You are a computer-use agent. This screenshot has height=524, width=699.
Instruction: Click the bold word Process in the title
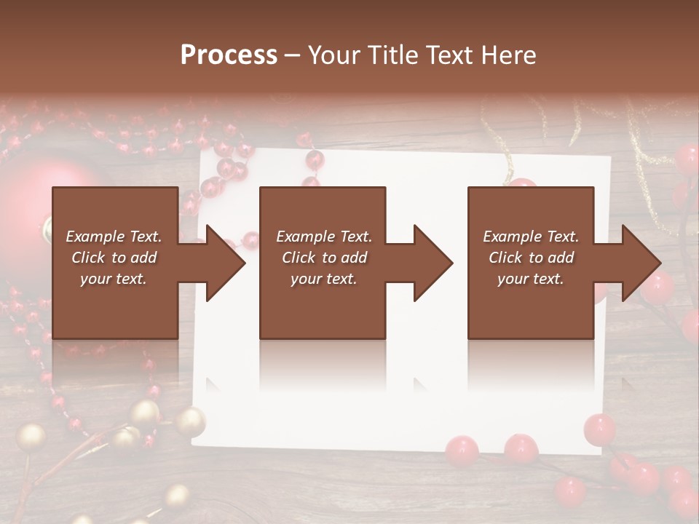coord(229,55)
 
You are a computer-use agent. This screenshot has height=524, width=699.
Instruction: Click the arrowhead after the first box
coord(224,263)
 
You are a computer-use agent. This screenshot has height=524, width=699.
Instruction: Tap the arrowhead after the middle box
coord(432,263)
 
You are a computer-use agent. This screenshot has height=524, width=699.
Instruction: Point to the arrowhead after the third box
coord(641,263)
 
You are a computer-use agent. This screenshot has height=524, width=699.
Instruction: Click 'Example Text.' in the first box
coord(114,237)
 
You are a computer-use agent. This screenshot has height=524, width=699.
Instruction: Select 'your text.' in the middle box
coord(324,279)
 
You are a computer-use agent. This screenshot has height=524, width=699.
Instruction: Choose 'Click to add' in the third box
coord(532,258)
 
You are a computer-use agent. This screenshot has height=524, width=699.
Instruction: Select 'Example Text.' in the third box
coord(532,237)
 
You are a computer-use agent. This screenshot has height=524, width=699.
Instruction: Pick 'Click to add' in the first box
coord(114,258)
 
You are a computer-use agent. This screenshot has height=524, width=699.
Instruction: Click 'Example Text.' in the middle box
coord(324,237)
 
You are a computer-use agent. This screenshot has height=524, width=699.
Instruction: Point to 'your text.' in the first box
coord(114,279)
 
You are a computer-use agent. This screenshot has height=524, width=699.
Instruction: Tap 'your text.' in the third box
coord(532,279)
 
